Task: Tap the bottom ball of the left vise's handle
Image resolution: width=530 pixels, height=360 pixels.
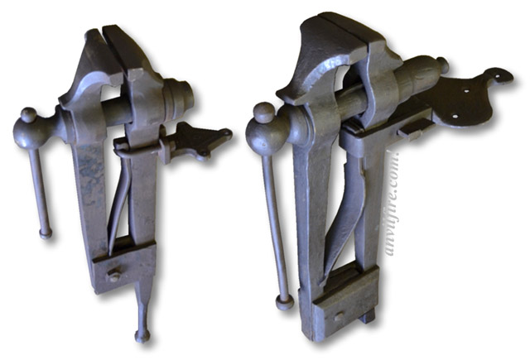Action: [x=45, y=233]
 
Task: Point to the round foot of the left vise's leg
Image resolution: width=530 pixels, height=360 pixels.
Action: [x=142, y=335]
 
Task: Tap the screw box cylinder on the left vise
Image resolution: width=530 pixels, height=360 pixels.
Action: [x=175, y=99]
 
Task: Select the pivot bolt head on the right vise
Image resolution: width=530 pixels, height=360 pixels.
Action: [x=340, y=315]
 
